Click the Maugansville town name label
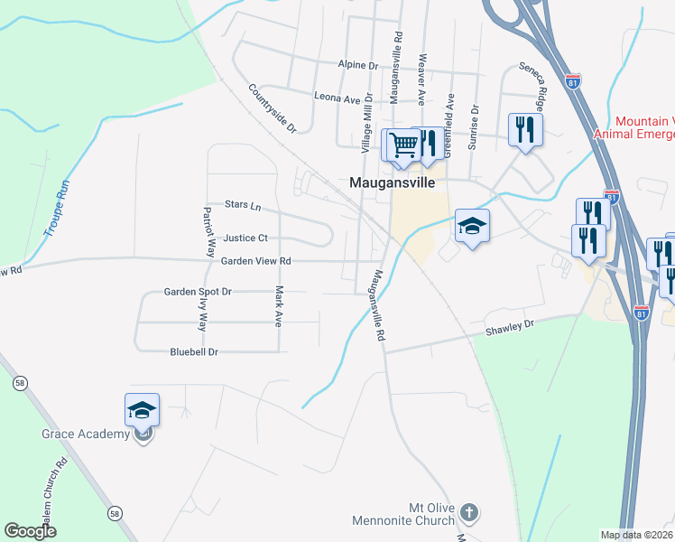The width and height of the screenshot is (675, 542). (x=392, y=182)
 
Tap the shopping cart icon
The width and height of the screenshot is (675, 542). (x=403, y=144)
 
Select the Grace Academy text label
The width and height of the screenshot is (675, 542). (x=86, y=435)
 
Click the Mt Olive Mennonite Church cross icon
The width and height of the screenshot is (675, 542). (x=467, y=513)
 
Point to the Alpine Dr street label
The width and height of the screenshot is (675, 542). (x=358, y=66)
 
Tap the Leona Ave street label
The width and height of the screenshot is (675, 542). (x=337, y=97)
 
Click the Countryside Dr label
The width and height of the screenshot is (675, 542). (x=273, y=108)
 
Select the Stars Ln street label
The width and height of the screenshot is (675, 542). (x=242, y=207)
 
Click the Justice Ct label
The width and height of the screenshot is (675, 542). (x=245, y=238)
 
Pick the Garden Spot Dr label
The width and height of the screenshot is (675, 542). (x=198, y=292)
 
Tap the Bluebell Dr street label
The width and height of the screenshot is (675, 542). (x=194, y=351)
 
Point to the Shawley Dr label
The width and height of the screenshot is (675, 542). (x=510, y=328)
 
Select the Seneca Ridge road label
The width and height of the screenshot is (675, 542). (x=533, y=80)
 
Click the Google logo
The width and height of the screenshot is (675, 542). (x=31, y=531)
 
